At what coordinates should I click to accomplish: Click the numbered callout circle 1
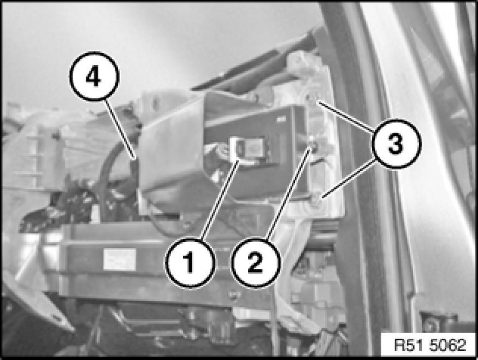[x=190, y=262]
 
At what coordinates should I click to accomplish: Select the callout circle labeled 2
[x=256, y=262]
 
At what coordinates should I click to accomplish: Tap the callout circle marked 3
[x=396, y=143]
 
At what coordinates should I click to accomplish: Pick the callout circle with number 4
[x=94, y=76]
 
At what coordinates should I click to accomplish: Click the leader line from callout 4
[x=120, y=128]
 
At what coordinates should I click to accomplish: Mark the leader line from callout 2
[x=288, y=193]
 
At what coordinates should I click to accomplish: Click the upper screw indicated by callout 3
[x=310, y=98]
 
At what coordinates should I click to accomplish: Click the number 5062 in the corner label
[x=448, y=345]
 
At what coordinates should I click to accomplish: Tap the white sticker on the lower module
[x=120, y=259]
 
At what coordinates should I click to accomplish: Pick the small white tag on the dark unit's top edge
[x=280, y=120]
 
